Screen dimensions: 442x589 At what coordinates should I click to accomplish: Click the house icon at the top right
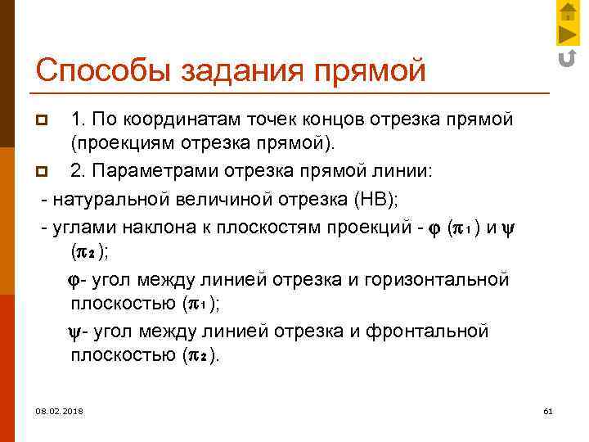click(x=567, y=11)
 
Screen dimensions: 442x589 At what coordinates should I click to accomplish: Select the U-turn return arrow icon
click(x=566, y=57)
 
